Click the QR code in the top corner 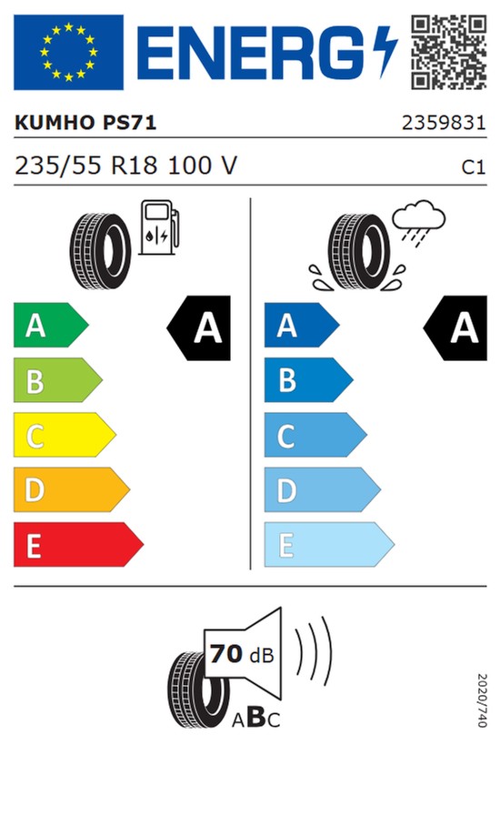tap(449, 52)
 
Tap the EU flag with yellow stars tap(68, 52)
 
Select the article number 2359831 tap(444, 123)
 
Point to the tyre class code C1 tap(474, 166)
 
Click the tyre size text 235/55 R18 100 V tap(125, 166)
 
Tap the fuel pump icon tap(158, 227)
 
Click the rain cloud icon tap(418, 221)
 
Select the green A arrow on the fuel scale tap(51, 326)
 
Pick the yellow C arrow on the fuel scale tap(65, 435)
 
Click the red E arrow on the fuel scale tap(78, 545)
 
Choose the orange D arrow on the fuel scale tap(71, 489)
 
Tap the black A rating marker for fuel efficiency tap(199, 328)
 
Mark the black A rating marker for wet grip tap(455, 328)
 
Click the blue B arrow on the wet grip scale tap(309, 380)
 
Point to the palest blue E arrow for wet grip tap(329, 545)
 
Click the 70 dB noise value tap(242, 654)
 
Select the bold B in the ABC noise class tap(256, 718)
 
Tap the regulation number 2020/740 tap(483, 700)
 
